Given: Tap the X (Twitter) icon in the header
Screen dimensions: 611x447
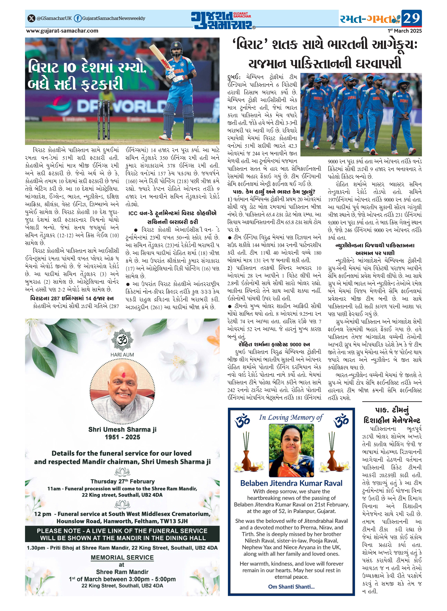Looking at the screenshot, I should click(x=31, y=18).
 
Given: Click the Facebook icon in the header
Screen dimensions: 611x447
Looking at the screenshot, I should click(x=78, y=18).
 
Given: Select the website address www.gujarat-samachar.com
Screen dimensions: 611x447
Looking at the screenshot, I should click(x=62, y=31).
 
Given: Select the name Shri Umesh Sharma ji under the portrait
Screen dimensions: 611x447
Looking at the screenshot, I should click(x=122, y=429).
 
